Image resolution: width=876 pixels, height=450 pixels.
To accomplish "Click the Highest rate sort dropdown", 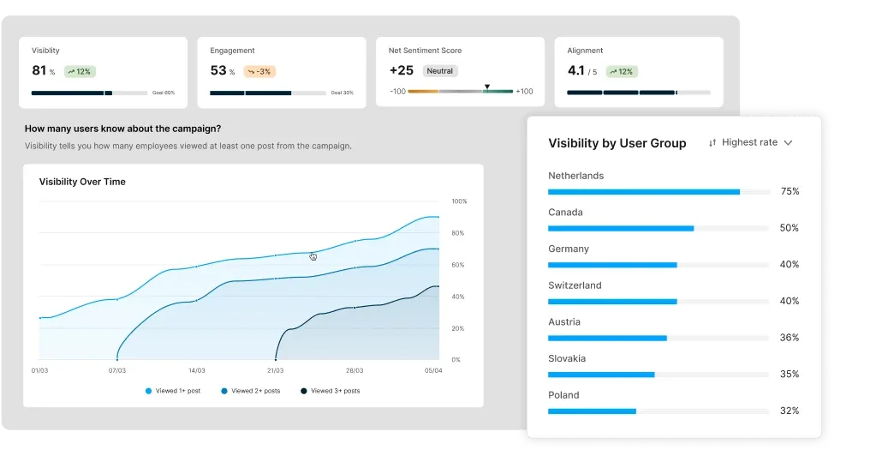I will [x=750, y=142].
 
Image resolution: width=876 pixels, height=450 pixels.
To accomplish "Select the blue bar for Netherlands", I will [x=643, y=192].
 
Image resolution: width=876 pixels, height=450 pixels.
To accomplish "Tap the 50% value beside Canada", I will [x=789, y=228].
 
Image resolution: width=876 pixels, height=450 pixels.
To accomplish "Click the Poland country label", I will [x=563, y=395].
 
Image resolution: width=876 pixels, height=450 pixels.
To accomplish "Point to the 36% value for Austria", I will [x=789, y=338].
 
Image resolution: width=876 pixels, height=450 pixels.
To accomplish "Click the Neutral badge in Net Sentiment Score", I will [x=440, y=71].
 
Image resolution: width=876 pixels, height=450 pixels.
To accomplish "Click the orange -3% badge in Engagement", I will [x=259, y=71].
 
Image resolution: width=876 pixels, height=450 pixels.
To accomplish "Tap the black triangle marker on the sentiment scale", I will [x=486, y=87].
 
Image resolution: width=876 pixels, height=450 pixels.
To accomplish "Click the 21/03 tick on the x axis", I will [x=275, y=371].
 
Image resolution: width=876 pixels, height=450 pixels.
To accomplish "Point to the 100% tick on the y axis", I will [x=459, y=201].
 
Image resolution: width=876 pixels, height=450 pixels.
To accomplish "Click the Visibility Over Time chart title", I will [x=82, y=182].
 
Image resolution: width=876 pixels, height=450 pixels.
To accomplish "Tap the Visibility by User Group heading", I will [x=617, y=143].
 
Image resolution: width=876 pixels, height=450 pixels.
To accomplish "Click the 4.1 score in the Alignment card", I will [x=576, y=70].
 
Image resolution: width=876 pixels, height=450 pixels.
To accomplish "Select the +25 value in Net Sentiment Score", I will [x=402, y=70].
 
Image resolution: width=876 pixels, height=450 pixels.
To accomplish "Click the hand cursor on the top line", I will [x=313, y=256].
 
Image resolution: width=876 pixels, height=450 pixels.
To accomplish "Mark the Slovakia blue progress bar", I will [x=601, y=375].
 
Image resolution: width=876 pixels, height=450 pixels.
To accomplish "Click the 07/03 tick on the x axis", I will [x=116, y=371].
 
